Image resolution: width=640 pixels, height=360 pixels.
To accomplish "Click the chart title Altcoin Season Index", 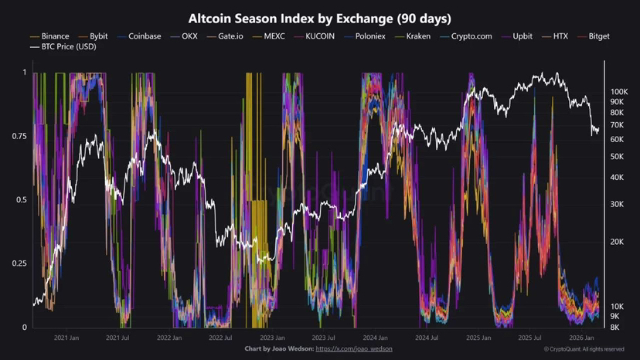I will pos(320,18).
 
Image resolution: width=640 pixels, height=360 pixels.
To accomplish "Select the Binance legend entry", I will pos(55,36).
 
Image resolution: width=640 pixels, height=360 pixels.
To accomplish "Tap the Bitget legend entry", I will pos(599,36).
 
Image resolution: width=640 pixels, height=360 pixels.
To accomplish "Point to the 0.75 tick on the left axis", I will pos(19,136).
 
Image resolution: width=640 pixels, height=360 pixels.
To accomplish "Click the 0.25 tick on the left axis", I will pos(19,263).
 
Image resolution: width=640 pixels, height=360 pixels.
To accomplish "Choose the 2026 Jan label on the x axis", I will pos(581,338).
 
